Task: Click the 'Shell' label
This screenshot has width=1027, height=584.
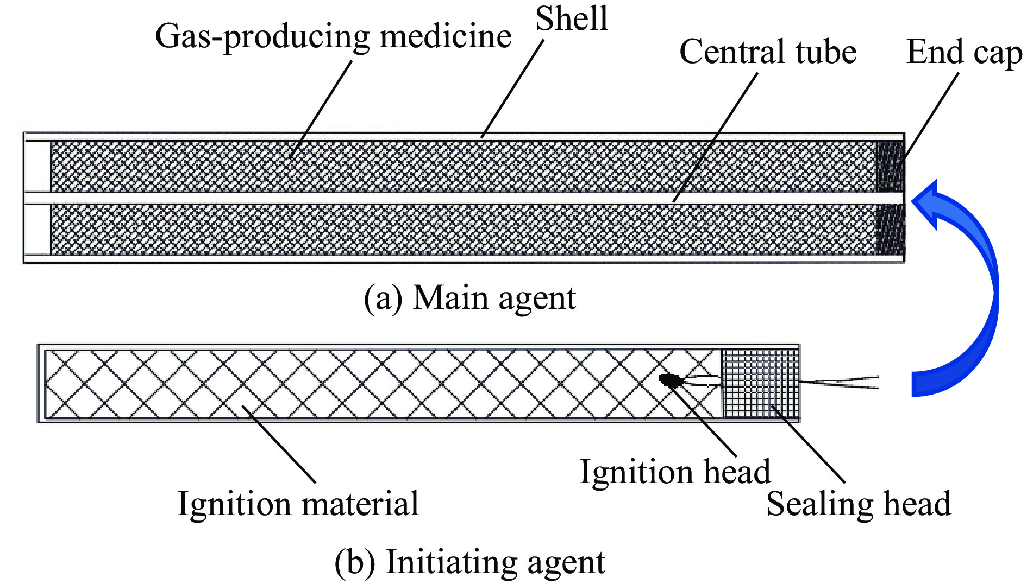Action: pos(571,20)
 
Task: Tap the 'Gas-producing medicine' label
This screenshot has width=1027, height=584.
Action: pos(333,37)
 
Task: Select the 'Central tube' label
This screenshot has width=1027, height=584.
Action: pos(767,52)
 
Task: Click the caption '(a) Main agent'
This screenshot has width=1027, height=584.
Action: pos(469,298)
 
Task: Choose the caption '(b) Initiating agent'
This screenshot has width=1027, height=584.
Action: pos(469,562)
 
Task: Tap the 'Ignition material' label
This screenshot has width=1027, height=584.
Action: pos(298,504)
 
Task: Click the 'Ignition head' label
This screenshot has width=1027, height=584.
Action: pos(675,471)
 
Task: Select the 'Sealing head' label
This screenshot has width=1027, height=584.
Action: pos(859,504)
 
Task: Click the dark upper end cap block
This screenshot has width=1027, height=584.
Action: pos(890,166)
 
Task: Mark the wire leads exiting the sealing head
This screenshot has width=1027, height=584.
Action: pos(840,382)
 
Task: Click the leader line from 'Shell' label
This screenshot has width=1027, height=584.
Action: pos(512,87)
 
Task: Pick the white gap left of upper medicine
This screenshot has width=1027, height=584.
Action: pos(37,166)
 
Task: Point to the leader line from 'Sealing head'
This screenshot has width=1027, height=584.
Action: pos(808,443)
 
